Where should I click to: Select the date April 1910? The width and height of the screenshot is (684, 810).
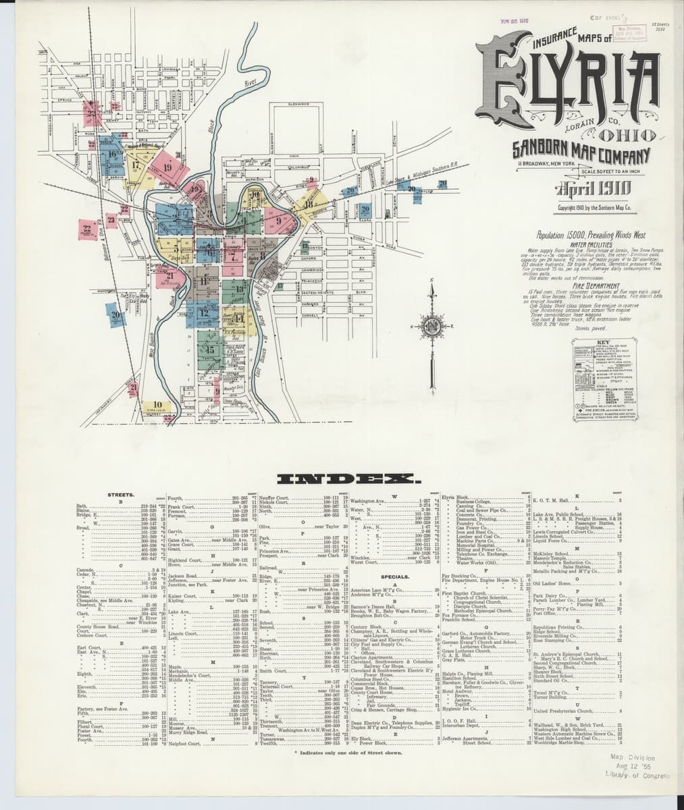(594, 188)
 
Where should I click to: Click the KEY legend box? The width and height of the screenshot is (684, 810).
(602, 378)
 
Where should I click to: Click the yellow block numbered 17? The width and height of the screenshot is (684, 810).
(137, 166)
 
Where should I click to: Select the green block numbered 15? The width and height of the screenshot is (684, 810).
(210, 350)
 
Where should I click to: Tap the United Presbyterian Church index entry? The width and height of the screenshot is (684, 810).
(562, 711)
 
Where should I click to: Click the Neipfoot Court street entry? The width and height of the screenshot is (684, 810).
(186, 743)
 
